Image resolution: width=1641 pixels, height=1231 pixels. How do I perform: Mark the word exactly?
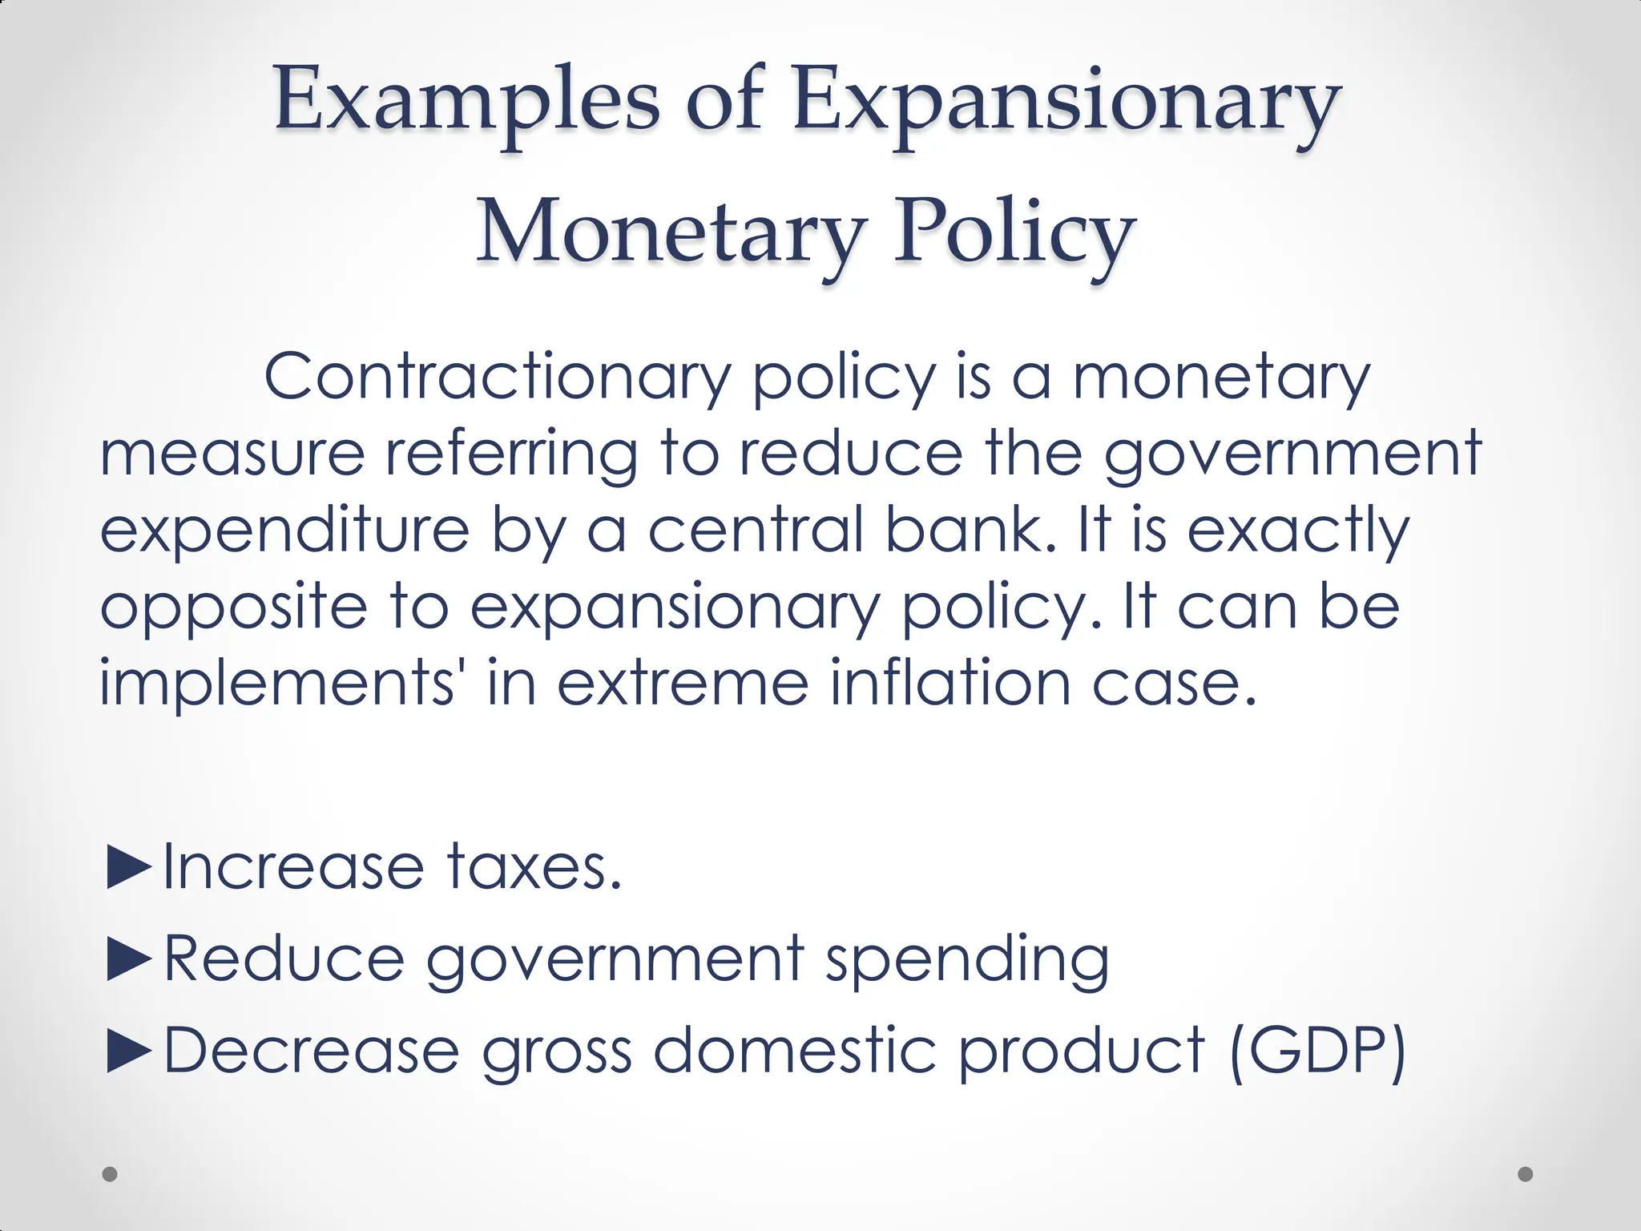[1297, 531]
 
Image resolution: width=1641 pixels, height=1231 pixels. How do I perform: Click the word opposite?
[233, 607]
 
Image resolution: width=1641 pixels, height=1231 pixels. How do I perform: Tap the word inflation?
[950, 682]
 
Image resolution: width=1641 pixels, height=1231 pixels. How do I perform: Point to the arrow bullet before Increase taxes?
[128, 867]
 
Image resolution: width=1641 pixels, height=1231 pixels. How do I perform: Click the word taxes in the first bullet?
[534, 867]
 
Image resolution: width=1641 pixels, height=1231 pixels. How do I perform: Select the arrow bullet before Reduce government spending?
[128, 959]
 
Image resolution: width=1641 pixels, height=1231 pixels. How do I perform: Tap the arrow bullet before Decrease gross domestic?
[128, 1050]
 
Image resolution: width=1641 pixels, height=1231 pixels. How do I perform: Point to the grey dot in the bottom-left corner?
[111, 1174]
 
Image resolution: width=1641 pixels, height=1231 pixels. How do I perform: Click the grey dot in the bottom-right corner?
[1526, 1174]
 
